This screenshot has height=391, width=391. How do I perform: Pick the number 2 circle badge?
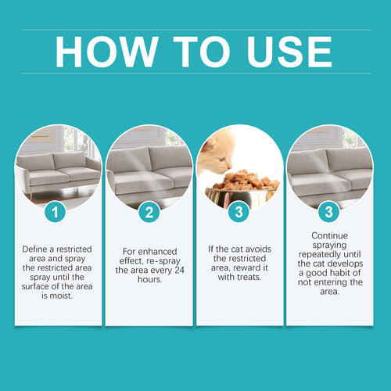click(149, 212)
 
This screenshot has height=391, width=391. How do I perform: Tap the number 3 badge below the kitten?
click(239, 212)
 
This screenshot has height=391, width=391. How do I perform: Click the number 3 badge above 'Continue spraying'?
click(329, 212)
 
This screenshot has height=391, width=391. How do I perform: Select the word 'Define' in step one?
click(38, 249)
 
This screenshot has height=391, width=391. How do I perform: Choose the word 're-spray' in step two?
click(165, 260)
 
